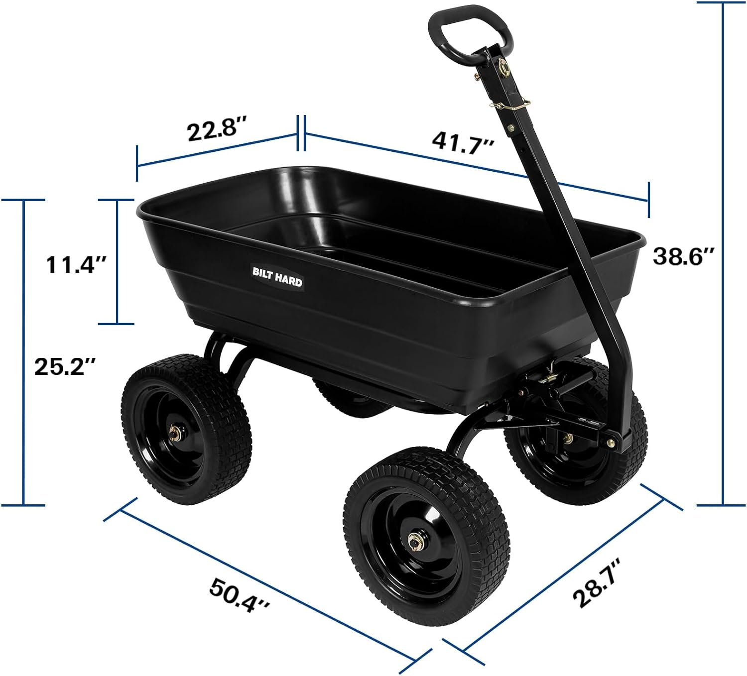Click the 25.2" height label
(66, 367)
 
